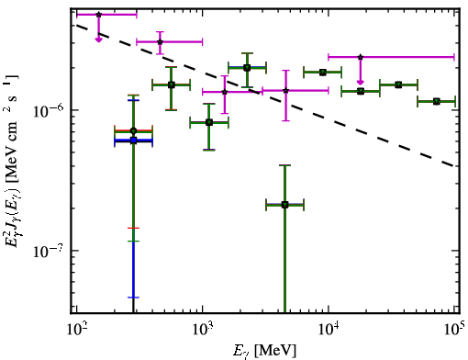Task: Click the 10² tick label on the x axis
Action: tap(76, 332)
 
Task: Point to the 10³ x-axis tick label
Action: tap(203, 332)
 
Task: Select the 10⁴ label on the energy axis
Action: tap(329, 332)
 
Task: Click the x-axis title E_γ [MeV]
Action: tap(264, 351)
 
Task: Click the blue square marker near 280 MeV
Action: tap(133, 141)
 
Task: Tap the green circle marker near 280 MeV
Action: tap(133, 131)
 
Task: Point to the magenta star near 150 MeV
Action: tap(98, 15)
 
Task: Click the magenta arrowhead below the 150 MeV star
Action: tap(98, 39)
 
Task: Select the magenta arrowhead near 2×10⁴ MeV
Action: tap(361, 82)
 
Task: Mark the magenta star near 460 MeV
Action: tap(160, 42)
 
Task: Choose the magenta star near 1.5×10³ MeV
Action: tap(225, 92)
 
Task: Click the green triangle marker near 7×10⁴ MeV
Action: tap(437, 101)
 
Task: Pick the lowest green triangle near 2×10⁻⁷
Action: tap(284, 205)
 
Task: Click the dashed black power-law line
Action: tap(265, 96)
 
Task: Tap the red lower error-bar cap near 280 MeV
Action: tap(133, 228)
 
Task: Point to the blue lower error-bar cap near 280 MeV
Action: tap(133, 298)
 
